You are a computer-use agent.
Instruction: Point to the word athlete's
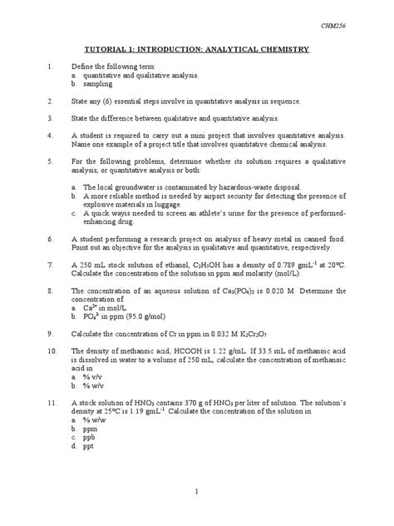point(214,213)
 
